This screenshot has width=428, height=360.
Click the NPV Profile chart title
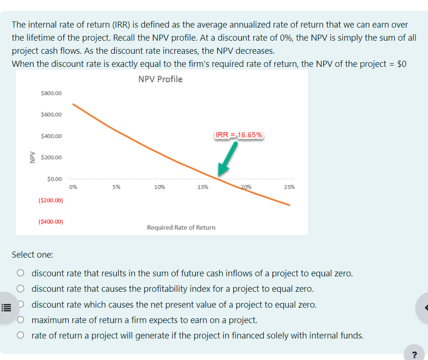pyautogui.click(x=160, y=79)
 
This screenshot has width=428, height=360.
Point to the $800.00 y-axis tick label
pyautogui.click(x=51, y=93)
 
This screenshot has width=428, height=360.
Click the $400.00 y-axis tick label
pyautogui.click(x=51, y=136)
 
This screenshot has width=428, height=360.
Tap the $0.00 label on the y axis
pyautogui.click(x=54, y=179)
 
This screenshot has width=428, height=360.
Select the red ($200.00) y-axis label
pyautogui.click(x=51, y=201)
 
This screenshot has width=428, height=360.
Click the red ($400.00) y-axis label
pyautogui.click(x=51, y=222)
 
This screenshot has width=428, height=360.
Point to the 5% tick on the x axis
pyautogui.click(x=116, y=187)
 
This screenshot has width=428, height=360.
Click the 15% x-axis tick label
pyautogui.click(x=203, y=187)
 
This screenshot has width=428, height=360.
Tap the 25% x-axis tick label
pyautogui.click(x=289, y=187)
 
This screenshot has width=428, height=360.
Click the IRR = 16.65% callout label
pyautogui.click(x=240, y=135)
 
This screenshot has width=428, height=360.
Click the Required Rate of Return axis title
pyautogui.click(x=181, y=227)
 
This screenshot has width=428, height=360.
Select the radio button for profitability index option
pyautogui.click(x=20, y=289)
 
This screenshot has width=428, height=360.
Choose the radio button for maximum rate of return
pyautogui.click(x=20, y=320)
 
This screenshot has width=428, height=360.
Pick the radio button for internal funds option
pyautogui.click(x=20, y=336)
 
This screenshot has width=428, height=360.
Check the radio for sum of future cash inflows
pyautogui.click(x=20, y=273)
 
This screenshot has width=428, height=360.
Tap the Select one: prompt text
pyautogui.click(x=32, y=255)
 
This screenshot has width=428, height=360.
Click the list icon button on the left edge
pyautogui.click(x=6, y=308)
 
